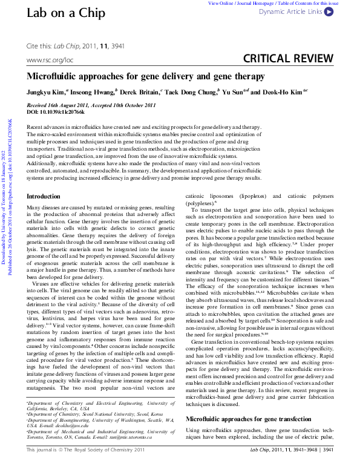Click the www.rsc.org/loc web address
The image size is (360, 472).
[50, 61]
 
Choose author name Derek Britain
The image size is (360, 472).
[140, 93]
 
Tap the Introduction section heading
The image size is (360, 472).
[44, 197]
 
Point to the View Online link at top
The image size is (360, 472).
[221, 4]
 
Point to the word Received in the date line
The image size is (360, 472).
[39, 105]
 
